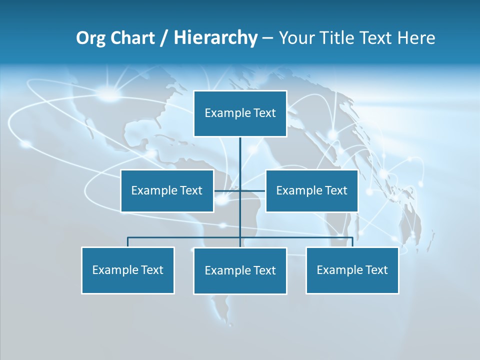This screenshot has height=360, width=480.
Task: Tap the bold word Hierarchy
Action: tap(215, 38)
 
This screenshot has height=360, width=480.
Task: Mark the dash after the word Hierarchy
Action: tap(267, 38)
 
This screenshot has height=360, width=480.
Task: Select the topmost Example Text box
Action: tap(240, 113)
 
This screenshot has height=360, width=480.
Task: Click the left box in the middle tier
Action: tap(167, 191)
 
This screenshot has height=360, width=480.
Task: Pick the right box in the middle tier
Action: tap(311, 191)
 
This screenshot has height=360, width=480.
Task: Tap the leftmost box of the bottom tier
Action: tap(128, 270)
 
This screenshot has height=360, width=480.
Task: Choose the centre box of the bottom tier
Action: tap(240, 271)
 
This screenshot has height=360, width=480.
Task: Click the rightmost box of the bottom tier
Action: tap(352, 270)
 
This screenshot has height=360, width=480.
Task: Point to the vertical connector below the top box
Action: tap(240, 160)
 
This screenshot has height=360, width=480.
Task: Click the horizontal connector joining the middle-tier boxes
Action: tap(252, 191)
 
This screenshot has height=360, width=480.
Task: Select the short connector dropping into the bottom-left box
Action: tap(128, 242)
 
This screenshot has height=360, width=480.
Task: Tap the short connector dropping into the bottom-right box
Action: tap(352, 242)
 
